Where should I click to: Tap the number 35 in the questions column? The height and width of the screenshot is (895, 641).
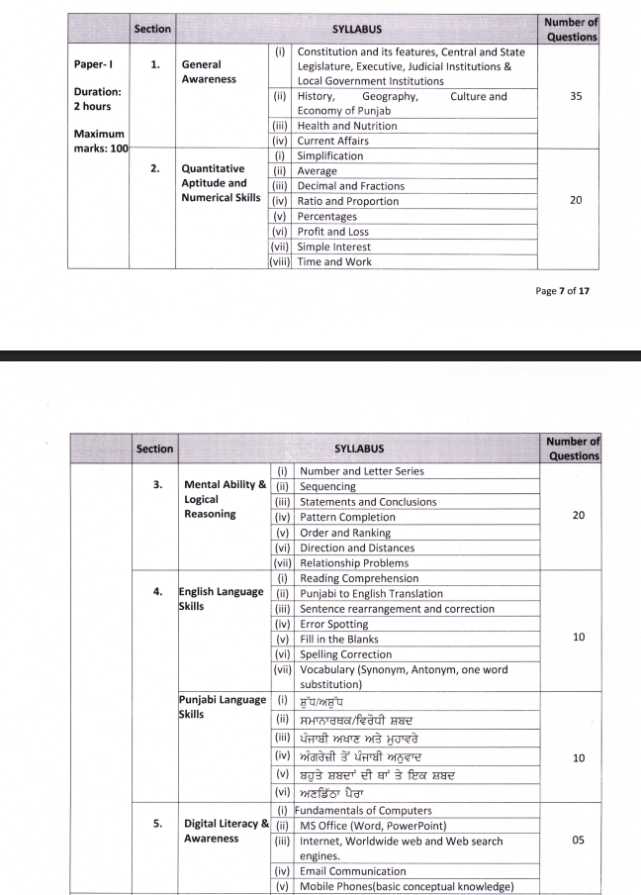point(576,96)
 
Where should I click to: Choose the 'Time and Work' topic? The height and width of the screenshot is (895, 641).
point(334,261)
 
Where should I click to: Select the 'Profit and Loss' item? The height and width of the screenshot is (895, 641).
point(334,232)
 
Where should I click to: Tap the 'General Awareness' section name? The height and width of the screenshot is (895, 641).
point(209,71)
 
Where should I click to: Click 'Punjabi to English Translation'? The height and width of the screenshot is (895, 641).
point(371,593)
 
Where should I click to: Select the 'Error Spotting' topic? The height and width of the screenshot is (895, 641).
point(333,624)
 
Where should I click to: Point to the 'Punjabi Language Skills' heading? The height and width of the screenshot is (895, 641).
point(222,706)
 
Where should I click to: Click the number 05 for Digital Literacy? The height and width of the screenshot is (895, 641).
point(578,840)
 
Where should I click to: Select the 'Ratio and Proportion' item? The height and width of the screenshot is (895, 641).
point(347,201)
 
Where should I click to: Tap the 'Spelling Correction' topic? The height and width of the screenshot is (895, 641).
point(346,654)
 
